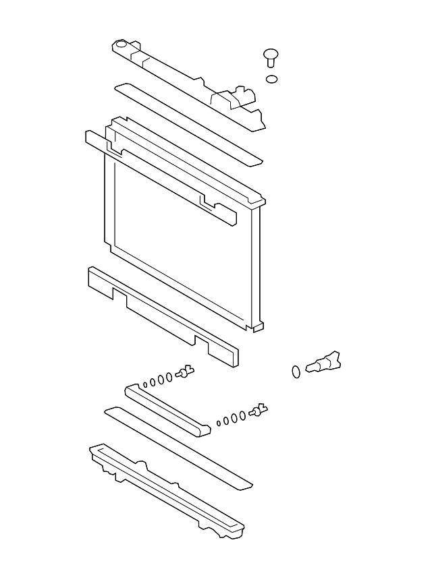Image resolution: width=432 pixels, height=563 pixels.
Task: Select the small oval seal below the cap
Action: [x=271, y=79]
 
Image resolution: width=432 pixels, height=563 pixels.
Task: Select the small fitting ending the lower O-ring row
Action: [x=258, y=410]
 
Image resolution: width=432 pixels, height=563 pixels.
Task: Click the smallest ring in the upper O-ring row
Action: [x=145, y=385]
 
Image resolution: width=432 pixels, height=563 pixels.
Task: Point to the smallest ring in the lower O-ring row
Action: [x=219, y=423]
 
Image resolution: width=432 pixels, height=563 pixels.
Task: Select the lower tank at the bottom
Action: [x=165, y=492]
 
